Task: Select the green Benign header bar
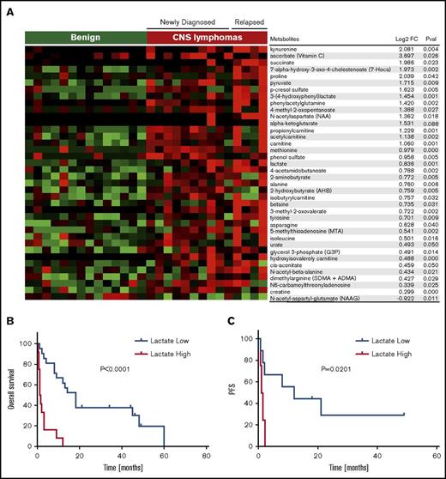click(x=85, y=38)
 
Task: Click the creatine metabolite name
click(x=283, y=291)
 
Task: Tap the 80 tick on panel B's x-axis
click(x=207, y=458)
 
